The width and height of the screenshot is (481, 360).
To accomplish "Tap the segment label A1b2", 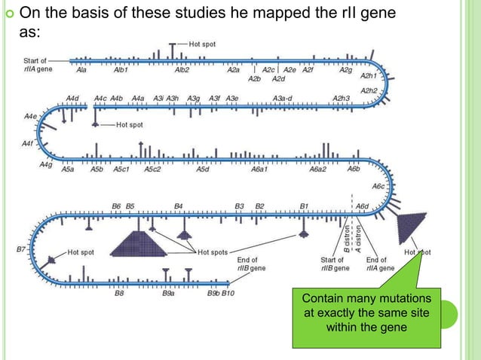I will click(182, 70).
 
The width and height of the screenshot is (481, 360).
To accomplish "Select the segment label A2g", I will click(346, 69).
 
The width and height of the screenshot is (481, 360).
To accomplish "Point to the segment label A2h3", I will click(342, 98).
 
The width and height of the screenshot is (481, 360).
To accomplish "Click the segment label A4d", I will click(72, 98).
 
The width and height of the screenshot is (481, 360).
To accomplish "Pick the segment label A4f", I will click(29, 142).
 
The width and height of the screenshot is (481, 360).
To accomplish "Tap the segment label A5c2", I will click(154, 169).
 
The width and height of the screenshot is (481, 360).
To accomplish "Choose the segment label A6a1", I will click(259, 169).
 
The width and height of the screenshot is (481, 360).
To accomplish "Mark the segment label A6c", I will click(378, 185).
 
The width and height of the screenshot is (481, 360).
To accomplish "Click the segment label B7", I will click(21, 247).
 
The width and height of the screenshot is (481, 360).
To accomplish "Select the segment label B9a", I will click(169, 294).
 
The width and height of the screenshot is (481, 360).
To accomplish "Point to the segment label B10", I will click(228, 294).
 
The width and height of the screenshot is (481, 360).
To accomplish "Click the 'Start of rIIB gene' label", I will click(334, 264).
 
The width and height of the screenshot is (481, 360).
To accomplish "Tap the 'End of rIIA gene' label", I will click(381, 264).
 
